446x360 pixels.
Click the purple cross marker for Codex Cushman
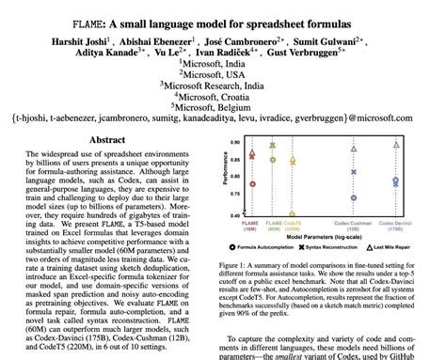point(354,172)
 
